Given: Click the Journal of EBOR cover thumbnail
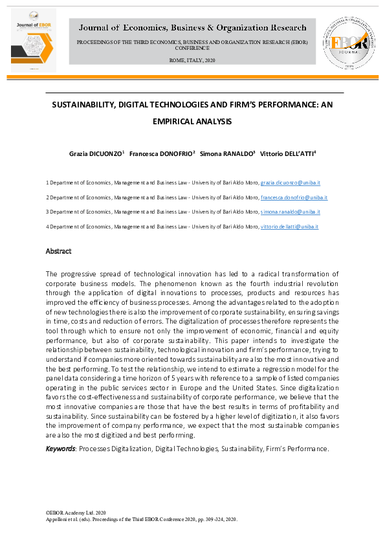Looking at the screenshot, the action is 33,40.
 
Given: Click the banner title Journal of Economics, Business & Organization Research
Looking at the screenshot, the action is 193,28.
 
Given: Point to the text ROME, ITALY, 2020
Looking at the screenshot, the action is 192,60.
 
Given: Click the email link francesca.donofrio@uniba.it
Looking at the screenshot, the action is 294,197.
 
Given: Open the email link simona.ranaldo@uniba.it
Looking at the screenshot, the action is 290,212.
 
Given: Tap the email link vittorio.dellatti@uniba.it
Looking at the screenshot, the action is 289,227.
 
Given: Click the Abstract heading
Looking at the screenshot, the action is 58,251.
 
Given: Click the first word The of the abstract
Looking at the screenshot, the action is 51,275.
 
